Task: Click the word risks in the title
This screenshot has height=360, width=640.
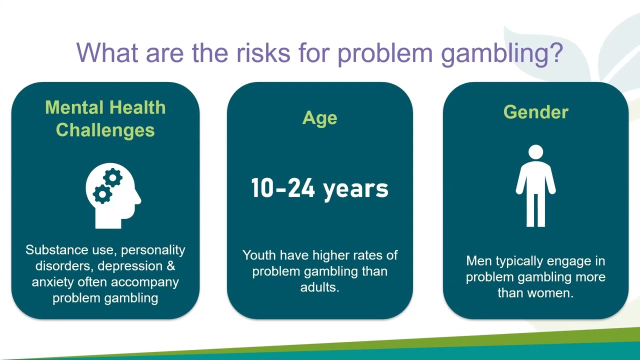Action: click(x=263, y=52)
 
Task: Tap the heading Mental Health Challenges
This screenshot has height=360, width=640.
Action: click(x=105, y=118)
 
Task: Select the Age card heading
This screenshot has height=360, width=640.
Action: click(x=319, y=118)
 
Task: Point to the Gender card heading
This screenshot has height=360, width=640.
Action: click(x=535, y=112)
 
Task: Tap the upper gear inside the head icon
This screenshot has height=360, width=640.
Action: click(x=113, y=178)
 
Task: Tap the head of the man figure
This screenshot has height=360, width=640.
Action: click(x=535, y=152)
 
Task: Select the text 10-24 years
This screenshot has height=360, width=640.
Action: click(x=319, y=188)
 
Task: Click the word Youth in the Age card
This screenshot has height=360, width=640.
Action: click(x=259, y=255)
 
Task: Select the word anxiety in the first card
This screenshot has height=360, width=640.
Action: click(x=53, y=282)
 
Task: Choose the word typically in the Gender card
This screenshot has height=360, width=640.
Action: click(x=518, y=261)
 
